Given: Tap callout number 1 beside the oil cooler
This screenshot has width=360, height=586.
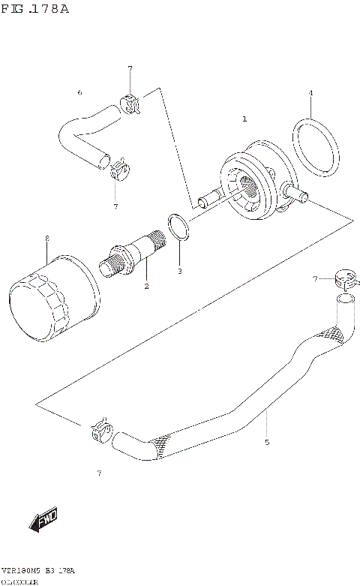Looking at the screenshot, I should [244, 119].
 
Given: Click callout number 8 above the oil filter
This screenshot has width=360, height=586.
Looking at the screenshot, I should [46, 238].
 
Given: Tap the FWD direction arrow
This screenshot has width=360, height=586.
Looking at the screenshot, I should [42, 518].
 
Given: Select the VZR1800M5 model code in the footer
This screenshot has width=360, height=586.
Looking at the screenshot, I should [21, 571].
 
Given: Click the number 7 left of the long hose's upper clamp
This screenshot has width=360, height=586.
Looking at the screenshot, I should [316, 279].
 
